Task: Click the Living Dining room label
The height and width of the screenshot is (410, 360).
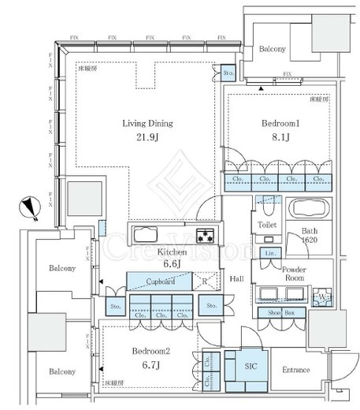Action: (147, 123)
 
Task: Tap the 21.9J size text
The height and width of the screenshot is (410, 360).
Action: (147, 139)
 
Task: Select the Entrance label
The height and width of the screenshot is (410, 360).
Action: (297, 370)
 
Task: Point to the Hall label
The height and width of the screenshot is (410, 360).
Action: (236, 278)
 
